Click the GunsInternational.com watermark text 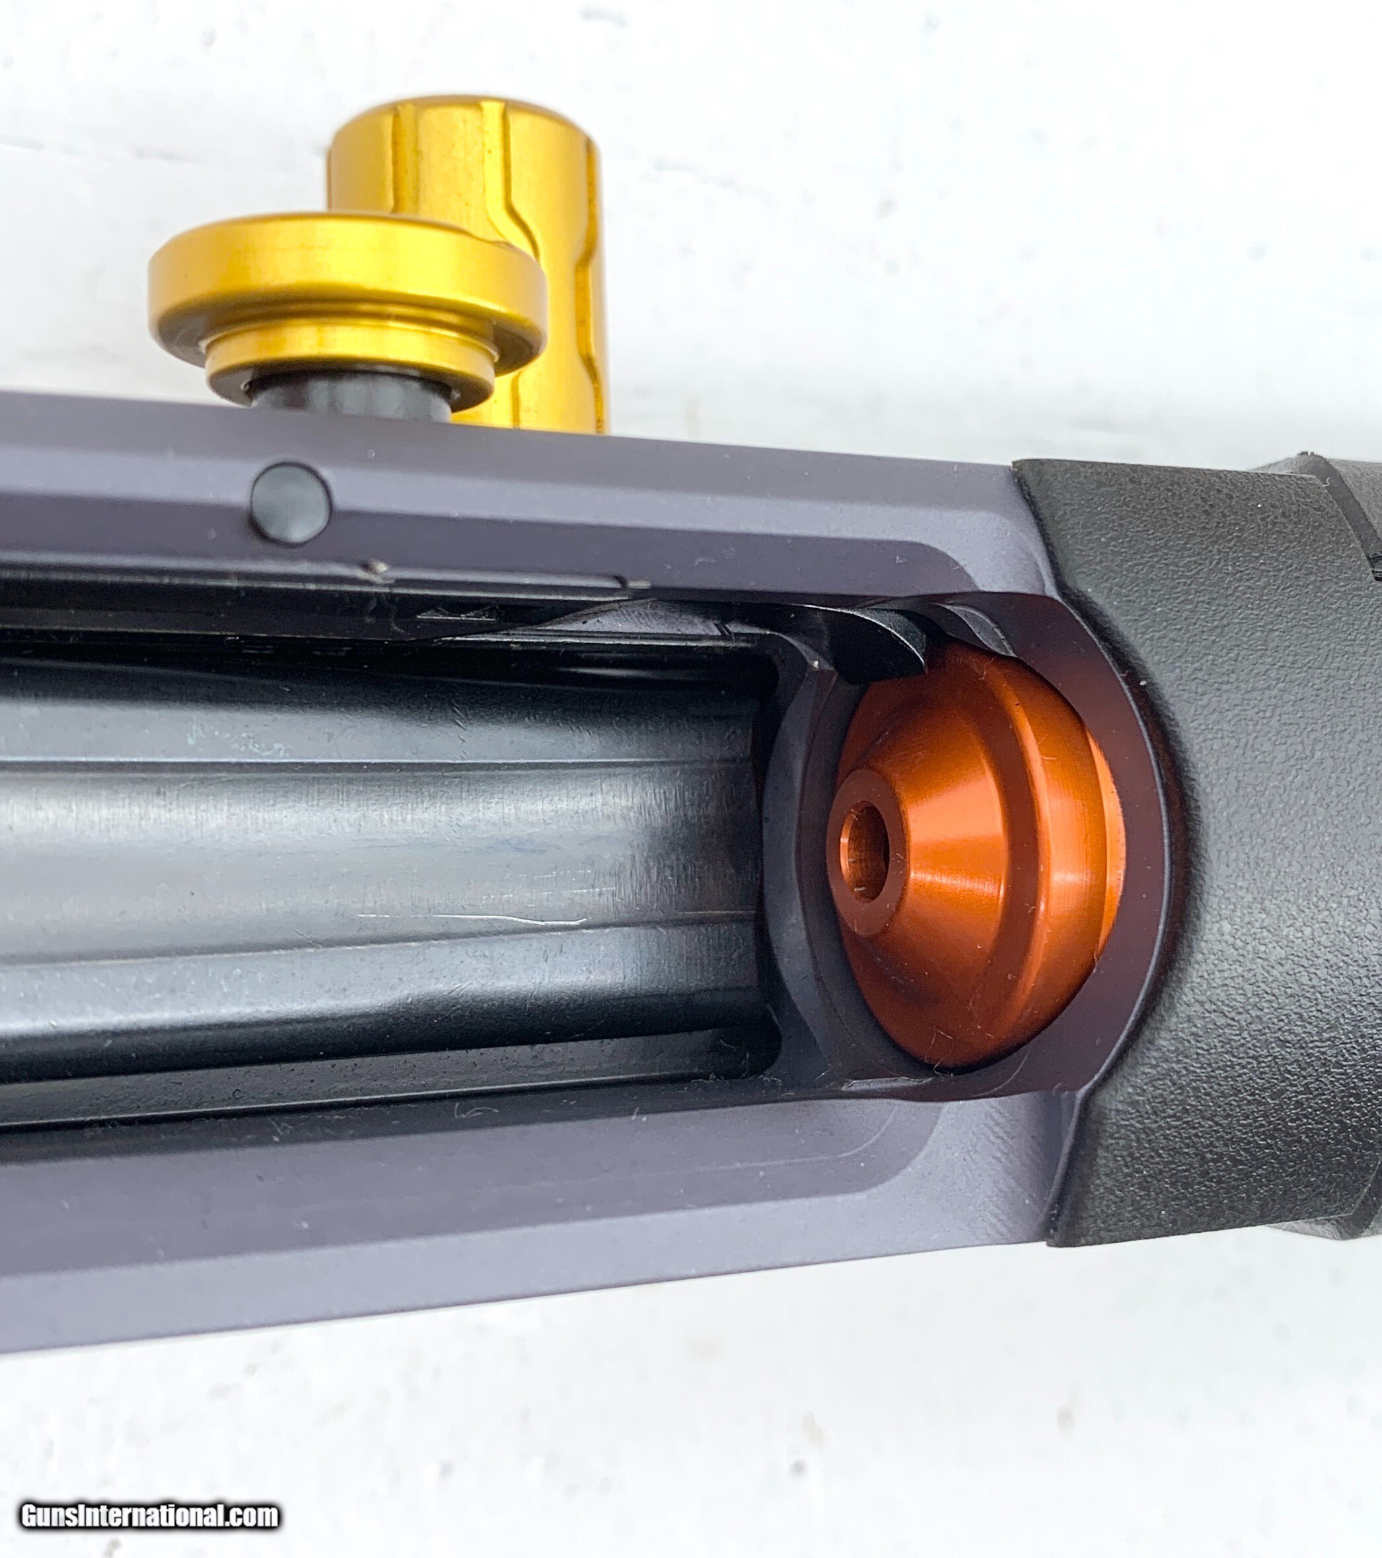pyautogui.click(x=149, y=1516)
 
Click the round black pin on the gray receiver pyautogui.click(x=291, y=503)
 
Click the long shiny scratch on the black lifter pyautogui.click(x=472, y=919)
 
